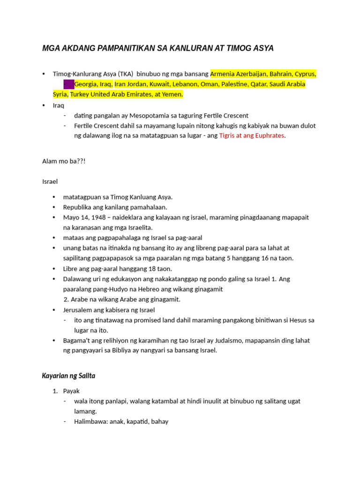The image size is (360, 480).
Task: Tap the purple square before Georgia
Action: [68, 84]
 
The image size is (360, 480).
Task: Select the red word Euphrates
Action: [269, 136]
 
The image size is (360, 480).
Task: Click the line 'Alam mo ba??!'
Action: [64, 161]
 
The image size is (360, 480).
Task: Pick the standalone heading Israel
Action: [50, 181]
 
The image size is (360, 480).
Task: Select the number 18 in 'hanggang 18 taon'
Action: [151, 269]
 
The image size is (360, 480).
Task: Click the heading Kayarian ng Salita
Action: [69, 376]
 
